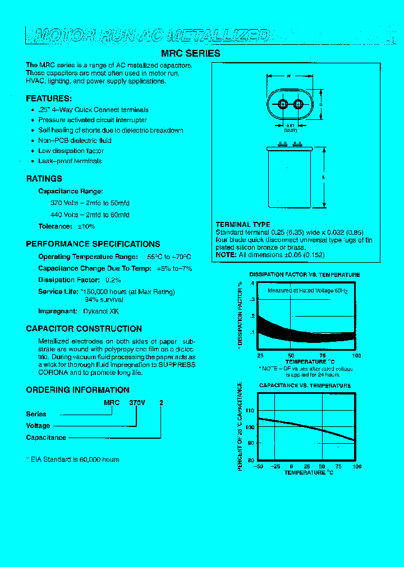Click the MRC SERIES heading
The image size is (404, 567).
[x=191, y=54]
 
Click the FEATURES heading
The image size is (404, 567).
[x=49, y=98]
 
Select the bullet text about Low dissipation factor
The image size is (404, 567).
[x=71, y=151]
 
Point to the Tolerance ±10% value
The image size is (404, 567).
[x=86, y=226]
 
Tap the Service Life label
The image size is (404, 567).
[x=58, y=292]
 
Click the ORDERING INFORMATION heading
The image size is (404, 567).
[x=77, y=390]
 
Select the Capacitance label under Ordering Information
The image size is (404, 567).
[x=46, y=438]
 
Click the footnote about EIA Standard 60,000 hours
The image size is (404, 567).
[x=73, y=459]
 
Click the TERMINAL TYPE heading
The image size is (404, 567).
[x=243, y=225]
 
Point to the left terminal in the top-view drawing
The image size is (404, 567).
[x=282, y=104]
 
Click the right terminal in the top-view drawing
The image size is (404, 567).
[x=298, y=104]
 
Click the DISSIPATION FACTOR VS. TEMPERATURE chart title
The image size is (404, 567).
[x=305, y=275]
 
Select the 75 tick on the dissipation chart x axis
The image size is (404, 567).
[x=323, y=356]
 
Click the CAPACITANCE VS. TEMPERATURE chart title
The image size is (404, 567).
[x=305, y=385]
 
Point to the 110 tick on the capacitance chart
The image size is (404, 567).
[x=250, y=411]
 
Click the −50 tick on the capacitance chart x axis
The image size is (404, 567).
[x=258, y=466]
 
